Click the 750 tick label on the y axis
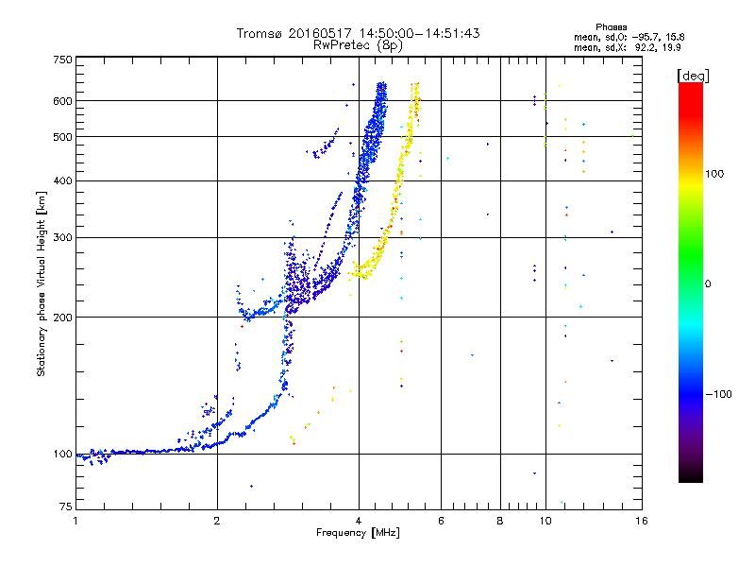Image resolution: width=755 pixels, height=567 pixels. (x=62, y=59)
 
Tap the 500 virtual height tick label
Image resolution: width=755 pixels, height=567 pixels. (x=62, y=136)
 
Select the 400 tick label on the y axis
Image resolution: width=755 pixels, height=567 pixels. (x=62, y=180)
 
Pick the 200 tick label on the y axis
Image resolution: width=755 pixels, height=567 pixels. (x=62, y=317)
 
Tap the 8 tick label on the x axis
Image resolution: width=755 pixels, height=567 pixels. (x=500, y=521)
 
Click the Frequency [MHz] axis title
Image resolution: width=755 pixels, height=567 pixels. (x=359, y=533)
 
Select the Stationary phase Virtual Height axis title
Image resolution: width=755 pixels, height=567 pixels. (x=42, y=284)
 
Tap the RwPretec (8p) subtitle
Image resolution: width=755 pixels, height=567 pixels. (x=359, y=44)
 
